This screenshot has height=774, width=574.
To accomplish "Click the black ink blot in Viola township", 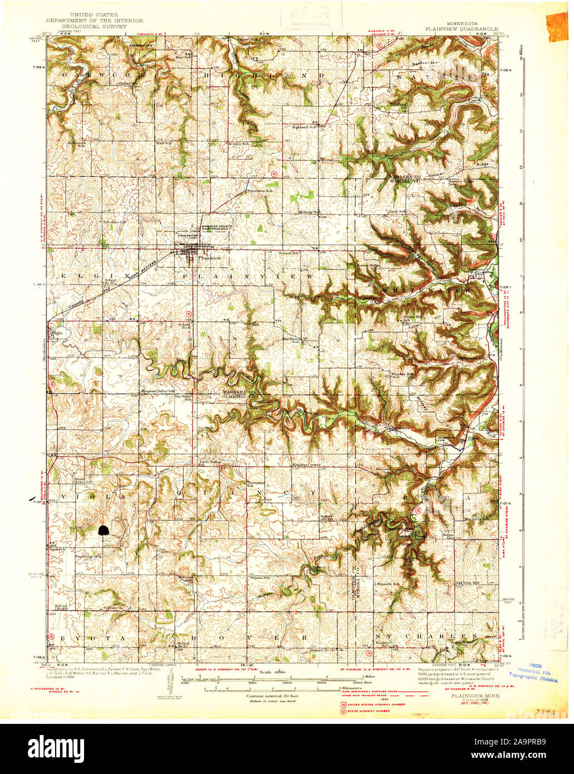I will point(104,530).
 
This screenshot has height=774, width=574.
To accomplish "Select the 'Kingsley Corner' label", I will point(305,464).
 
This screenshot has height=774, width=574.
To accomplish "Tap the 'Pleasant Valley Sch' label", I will point(158,390).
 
